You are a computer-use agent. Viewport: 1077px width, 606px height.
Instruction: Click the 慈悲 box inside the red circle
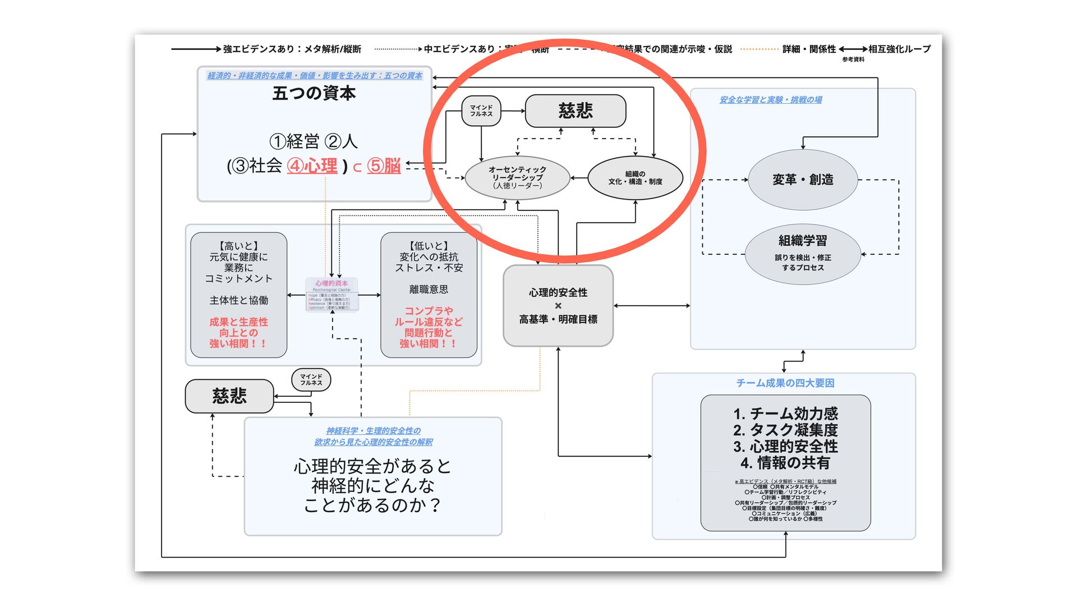click(x=575, y=111)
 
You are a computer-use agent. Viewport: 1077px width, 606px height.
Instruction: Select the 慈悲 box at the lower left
click(x=229, y=396)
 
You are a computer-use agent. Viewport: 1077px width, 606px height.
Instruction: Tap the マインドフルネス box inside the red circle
click(x=481, y=111)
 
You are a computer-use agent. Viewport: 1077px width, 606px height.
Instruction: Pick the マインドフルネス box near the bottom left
click(x=311, y=380)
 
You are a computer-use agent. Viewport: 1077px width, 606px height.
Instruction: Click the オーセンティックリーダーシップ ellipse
click(x=517, y=177)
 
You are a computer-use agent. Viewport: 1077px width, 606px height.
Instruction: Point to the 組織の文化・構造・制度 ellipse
click(x=635, y=178)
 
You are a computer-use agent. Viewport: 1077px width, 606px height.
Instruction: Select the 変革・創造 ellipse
click(x=803, y=180)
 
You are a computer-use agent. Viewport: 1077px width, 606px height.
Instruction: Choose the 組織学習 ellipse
click(x=803, y=253)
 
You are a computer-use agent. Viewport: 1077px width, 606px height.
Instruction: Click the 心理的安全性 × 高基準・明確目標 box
click(x=558, y=306)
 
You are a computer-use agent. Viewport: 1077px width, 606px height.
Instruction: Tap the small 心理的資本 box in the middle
click(x=332, y=295)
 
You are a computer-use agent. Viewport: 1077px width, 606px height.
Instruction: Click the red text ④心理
click(x=312, y=166)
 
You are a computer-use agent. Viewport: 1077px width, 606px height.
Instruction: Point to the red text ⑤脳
click(x=384, y=166)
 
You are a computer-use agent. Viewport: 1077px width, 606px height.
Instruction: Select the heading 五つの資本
click(x=314, y=93)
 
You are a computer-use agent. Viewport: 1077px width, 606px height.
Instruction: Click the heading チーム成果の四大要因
click(x=785, y=383)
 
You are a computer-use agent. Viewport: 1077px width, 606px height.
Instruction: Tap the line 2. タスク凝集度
click(x=785, y=430)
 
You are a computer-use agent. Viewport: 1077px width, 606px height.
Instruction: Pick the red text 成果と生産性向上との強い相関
click(x=238, y=333)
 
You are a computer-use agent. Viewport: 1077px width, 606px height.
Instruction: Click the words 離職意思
click(x=429, y=290)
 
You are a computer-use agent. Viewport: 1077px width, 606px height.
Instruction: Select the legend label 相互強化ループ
click(x=899, y=49)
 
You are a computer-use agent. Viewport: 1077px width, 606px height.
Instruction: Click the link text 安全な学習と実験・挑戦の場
click(x=771, y=100)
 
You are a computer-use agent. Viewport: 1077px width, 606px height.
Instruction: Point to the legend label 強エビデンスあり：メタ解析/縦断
click(x=292, y=49)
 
